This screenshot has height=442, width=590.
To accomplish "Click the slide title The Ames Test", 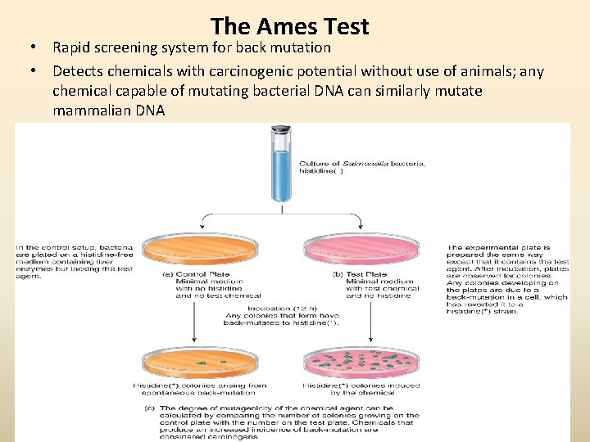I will pos(289,26).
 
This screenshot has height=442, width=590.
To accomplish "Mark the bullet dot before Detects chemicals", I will pos(34,73).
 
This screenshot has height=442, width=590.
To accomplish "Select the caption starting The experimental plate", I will pos(507,274).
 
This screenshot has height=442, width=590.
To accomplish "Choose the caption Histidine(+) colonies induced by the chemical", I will pos(361,389).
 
